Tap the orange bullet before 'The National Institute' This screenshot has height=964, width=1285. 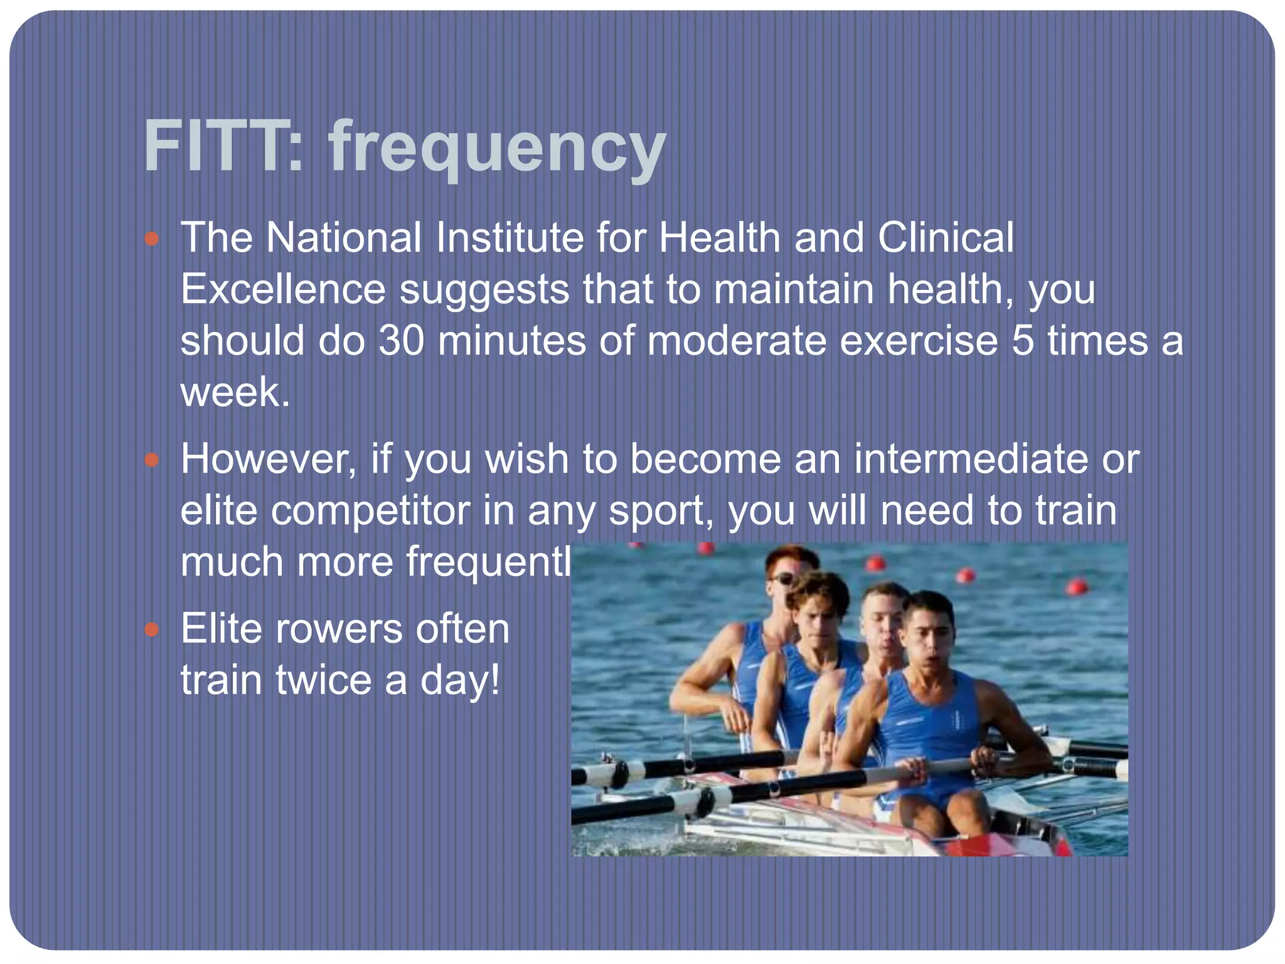(x=151, y=239)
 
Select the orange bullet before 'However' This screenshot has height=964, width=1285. (x=151, y=461)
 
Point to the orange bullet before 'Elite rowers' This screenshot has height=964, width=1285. (x=151, y=630)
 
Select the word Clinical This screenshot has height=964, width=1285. (x=945, y=238)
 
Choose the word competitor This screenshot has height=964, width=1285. (x=370, y=511)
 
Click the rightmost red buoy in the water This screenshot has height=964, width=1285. (x=1077, y=587)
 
